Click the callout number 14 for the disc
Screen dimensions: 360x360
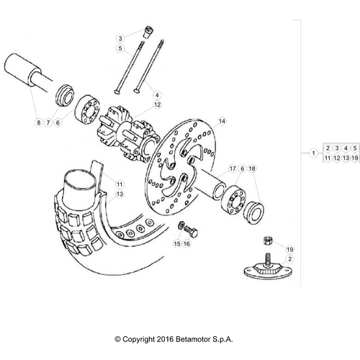[222, 121]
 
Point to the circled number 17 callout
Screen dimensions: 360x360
[233, 169]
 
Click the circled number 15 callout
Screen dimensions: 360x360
[176, 244]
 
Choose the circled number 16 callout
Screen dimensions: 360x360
[186, 244]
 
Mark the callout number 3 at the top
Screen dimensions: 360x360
[122, 37]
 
